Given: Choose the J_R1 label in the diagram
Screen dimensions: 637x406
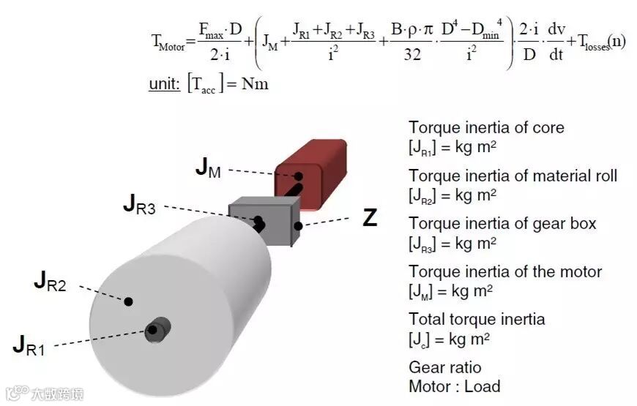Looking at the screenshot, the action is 29,345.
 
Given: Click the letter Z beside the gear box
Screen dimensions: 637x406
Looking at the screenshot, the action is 370,217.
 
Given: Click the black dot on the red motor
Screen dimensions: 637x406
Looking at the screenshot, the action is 299,176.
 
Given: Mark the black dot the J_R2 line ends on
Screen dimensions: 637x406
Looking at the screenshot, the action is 129,301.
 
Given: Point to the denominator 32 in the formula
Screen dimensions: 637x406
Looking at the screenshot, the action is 412,53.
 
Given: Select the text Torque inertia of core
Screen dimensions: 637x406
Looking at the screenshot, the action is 486,127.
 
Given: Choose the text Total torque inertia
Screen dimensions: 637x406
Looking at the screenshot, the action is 477,319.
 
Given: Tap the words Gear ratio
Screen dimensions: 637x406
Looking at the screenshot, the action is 445,367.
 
